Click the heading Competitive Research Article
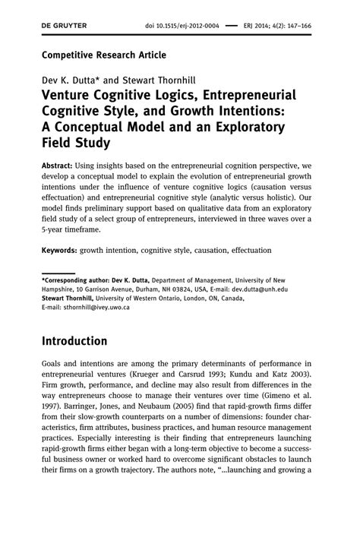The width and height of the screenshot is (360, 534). (x=103, y=55)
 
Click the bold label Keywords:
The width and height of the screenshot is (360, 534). (x=64, y=250)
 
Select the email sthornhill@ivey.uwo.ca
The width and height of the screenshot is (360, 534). (x=83, y=307)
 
